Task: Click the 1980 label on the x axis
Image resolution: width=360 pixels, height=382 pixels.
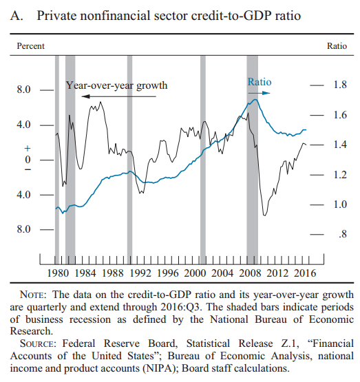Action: pos(58,273)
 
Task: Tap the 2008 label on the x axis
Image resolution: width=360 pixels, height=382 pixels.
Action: pos(250,273)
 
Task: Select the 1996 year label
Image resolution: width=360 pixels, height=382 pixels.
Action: pos(167,273)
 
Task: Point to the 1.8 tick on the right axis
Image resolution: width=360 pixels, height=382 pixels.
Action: pos(340,85)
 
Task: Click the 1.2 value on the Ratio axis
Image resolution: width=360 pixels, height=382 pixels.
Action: pos(340,175)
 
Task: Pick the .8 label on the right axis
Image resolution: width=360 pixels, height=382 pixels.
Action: pos(343,234)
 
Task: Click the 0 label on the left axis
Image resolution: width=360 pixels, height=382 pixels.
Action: pos(28,160)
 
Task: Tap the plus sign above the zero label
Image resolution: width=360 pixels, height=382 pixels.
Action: pos(28,149)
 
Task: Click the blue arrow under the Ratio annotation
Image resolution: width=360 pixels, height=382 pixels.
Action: pos(260,93)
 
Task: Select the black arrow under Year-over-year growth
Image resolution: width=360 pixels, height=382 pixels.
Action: pos(118,96)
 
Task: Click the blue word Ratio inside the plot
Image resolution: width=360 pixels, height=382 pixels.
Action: pos(260,82)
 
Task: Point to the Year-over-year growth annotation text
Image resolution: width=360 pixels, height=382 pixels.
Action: pos(116,85)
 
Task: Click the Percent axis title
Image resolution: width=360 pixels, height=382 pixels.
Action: pos(31,46)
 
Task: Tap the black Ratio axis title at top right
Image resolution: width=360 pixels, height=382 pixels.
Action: pos(337,46)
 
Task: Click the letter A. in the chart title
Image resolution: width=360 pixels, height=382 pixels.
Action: pos(17,16)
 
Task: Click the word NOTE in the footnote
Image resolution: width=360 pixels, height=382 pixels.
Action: pos(32,295)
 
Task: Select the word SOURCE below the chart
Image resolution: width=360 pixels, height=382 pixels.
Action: pos(38,343)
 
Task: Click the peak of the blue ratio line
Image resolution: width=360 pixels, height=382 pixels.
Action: pos(255,99)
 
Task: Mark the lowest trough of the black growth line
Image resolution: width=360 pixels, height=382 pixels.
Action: pos(265,215)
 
